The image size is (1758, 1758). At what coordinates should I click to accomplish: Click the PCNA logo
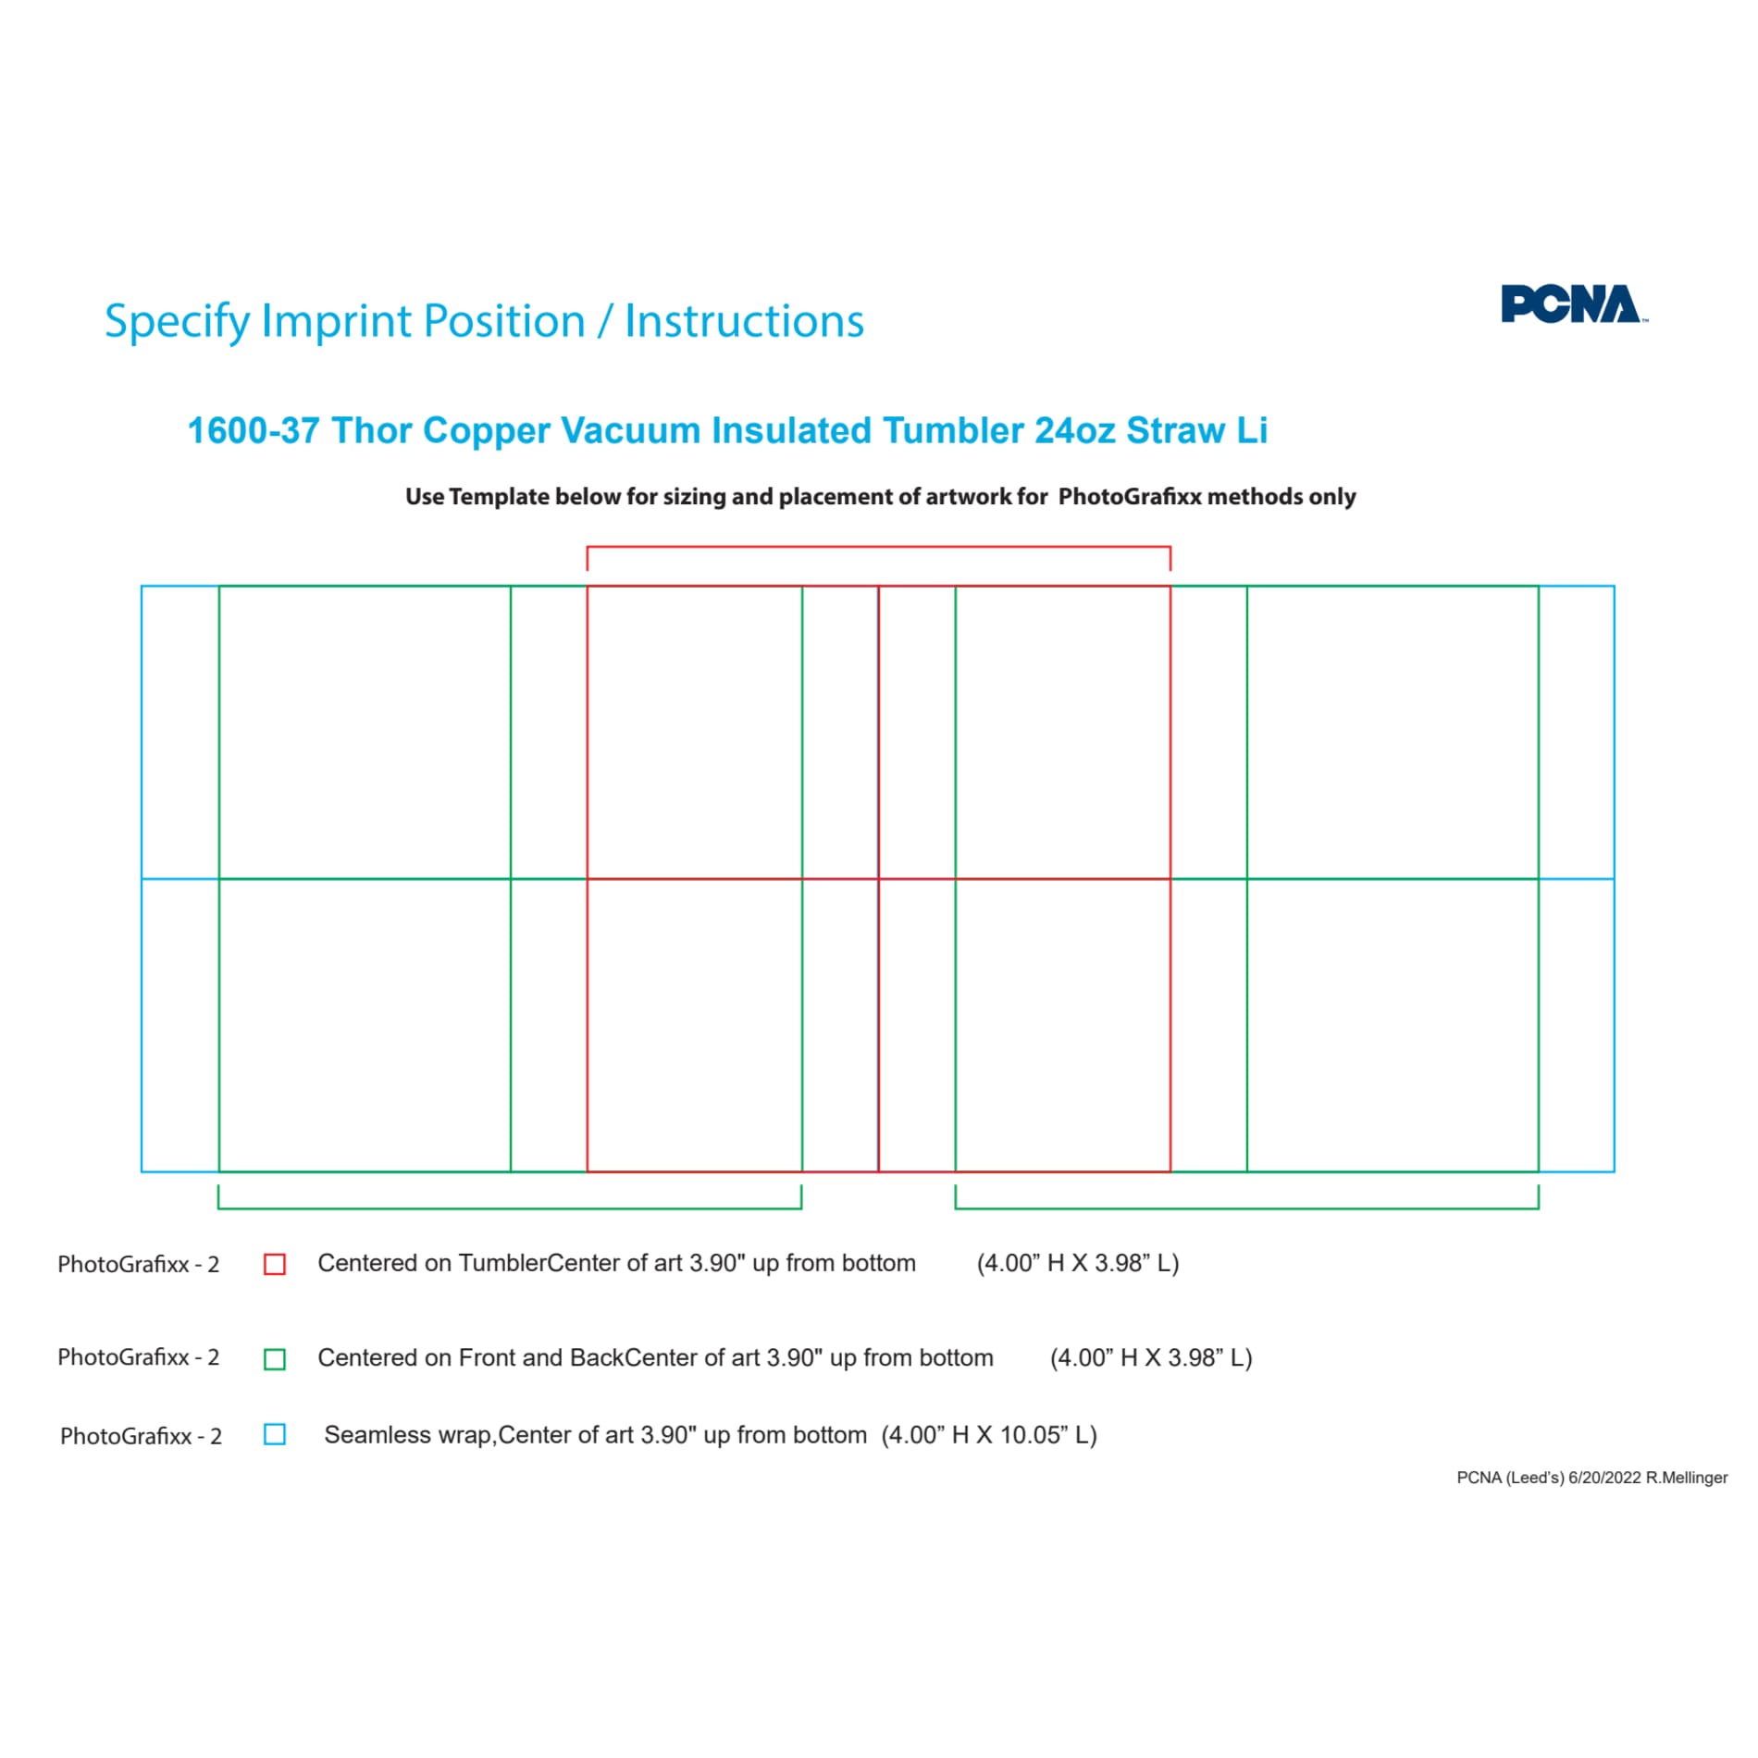pyautogui.click(x=1573, y=304)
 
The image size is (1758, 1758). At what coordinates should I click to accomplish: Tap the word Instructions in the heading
pyautogui.click(x=745, y=321)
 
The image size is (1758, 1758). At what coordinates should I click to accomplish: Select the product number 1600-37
pyautogui.click(x=254, y=430)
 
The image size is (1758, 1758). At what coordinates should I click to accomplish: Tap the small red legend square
pyautogui.click(x=275, y=1264)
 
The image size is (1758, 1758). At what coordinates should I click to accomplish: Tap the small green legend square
pyautogui.click(x=275, y=1359)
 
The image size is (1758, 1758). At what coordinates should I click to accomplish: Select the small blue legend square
pyautogui.click(x=275, y=1434)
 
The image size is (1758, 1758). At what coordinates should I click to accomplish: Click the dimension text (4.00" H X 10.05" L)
pyautogui.click(x=989, y=1435)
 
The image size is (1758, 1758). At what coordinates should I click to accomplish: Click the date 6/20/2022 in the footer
pyautogui.click(x=1604, y=1478)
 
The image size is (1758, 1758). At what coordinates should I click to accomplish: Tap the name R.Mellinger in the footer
pyautogui.click(x=1687, y=1478)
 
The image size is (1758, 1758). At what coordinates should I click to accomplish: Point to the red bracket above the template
pyautogui.click(x=879, y=547)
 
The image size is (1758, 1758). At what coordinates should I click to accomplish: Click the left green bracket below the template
pyautogui.click(x=510, y=1208)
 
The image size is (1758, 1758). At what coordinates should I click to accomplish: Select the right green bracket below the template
pyautogui.click(x=1247, y=1208)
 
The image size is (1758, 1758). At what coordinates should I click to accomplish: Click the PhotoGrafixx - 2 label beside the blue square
pyautogui.click(x=141, y=1436)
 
